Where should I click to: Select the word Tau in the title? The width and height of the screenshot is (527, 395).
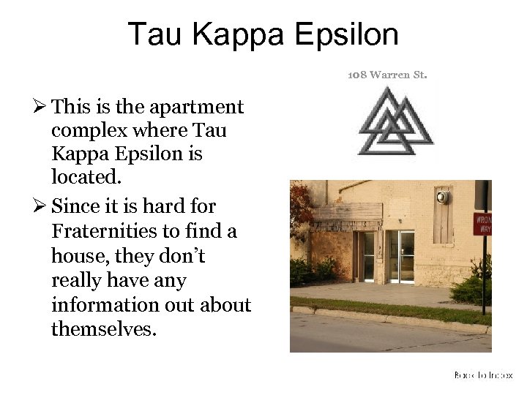(x=154, y=34)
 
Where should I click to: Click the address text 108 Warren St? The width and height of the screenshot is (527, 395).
(x=387, y=75)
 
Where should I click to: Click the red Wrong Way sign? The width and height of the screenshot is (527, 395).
(x=482, y=224)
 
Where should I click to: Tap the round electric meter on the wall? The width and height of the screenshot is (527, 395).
(x=441, y=197)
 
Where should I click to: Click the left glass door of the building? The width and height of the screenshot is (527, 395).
(x=368, y=256)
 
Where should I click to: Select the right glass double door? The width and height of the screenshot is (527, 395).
(x=401, y=256)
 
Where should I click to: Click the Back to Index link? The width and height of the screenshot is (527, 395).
(x=483, y=375)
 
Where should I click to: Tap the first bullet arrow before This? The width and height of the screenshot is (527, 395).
(x=42, y=108)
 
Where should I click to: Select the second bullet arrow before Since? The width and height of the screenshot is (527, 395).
(x=42, y=207)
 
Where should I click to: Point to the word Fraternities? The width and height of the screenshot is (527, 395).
(x=103, y=232)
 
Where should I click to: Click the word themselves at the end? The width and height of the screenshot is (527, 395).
(x=103, y=330)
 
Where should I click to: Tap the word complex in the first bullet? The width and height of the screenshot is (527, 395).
(x=84, y=132)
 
